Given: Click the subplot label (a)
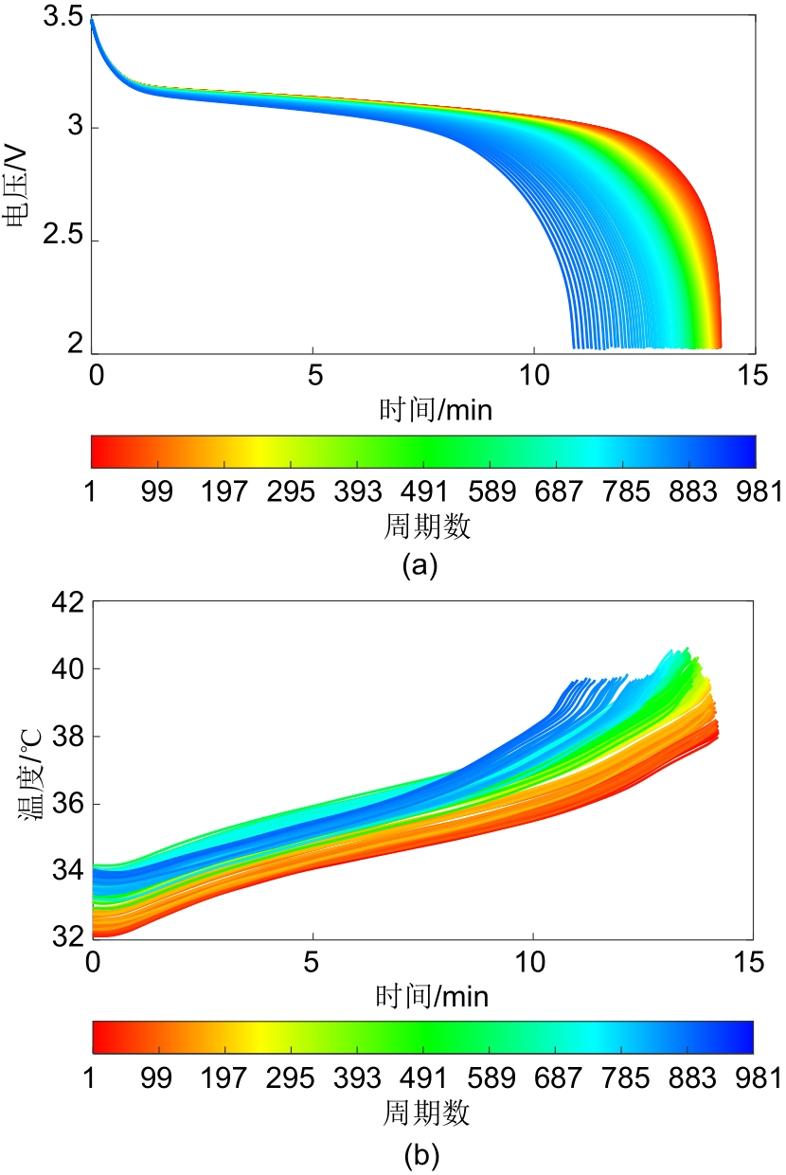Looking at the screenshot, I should [420, 566].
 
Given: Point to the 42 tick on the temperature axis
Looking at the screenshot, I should [64, 603].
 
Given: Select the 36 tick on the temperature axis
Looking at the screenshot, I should [64, 804].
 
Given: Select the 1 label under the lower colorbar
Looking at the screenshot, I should [94, 1078].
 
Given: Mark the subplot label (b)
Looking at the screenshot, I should [420, 1154].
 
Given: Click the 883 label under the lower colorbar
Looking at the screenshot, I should [688, 1078].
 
